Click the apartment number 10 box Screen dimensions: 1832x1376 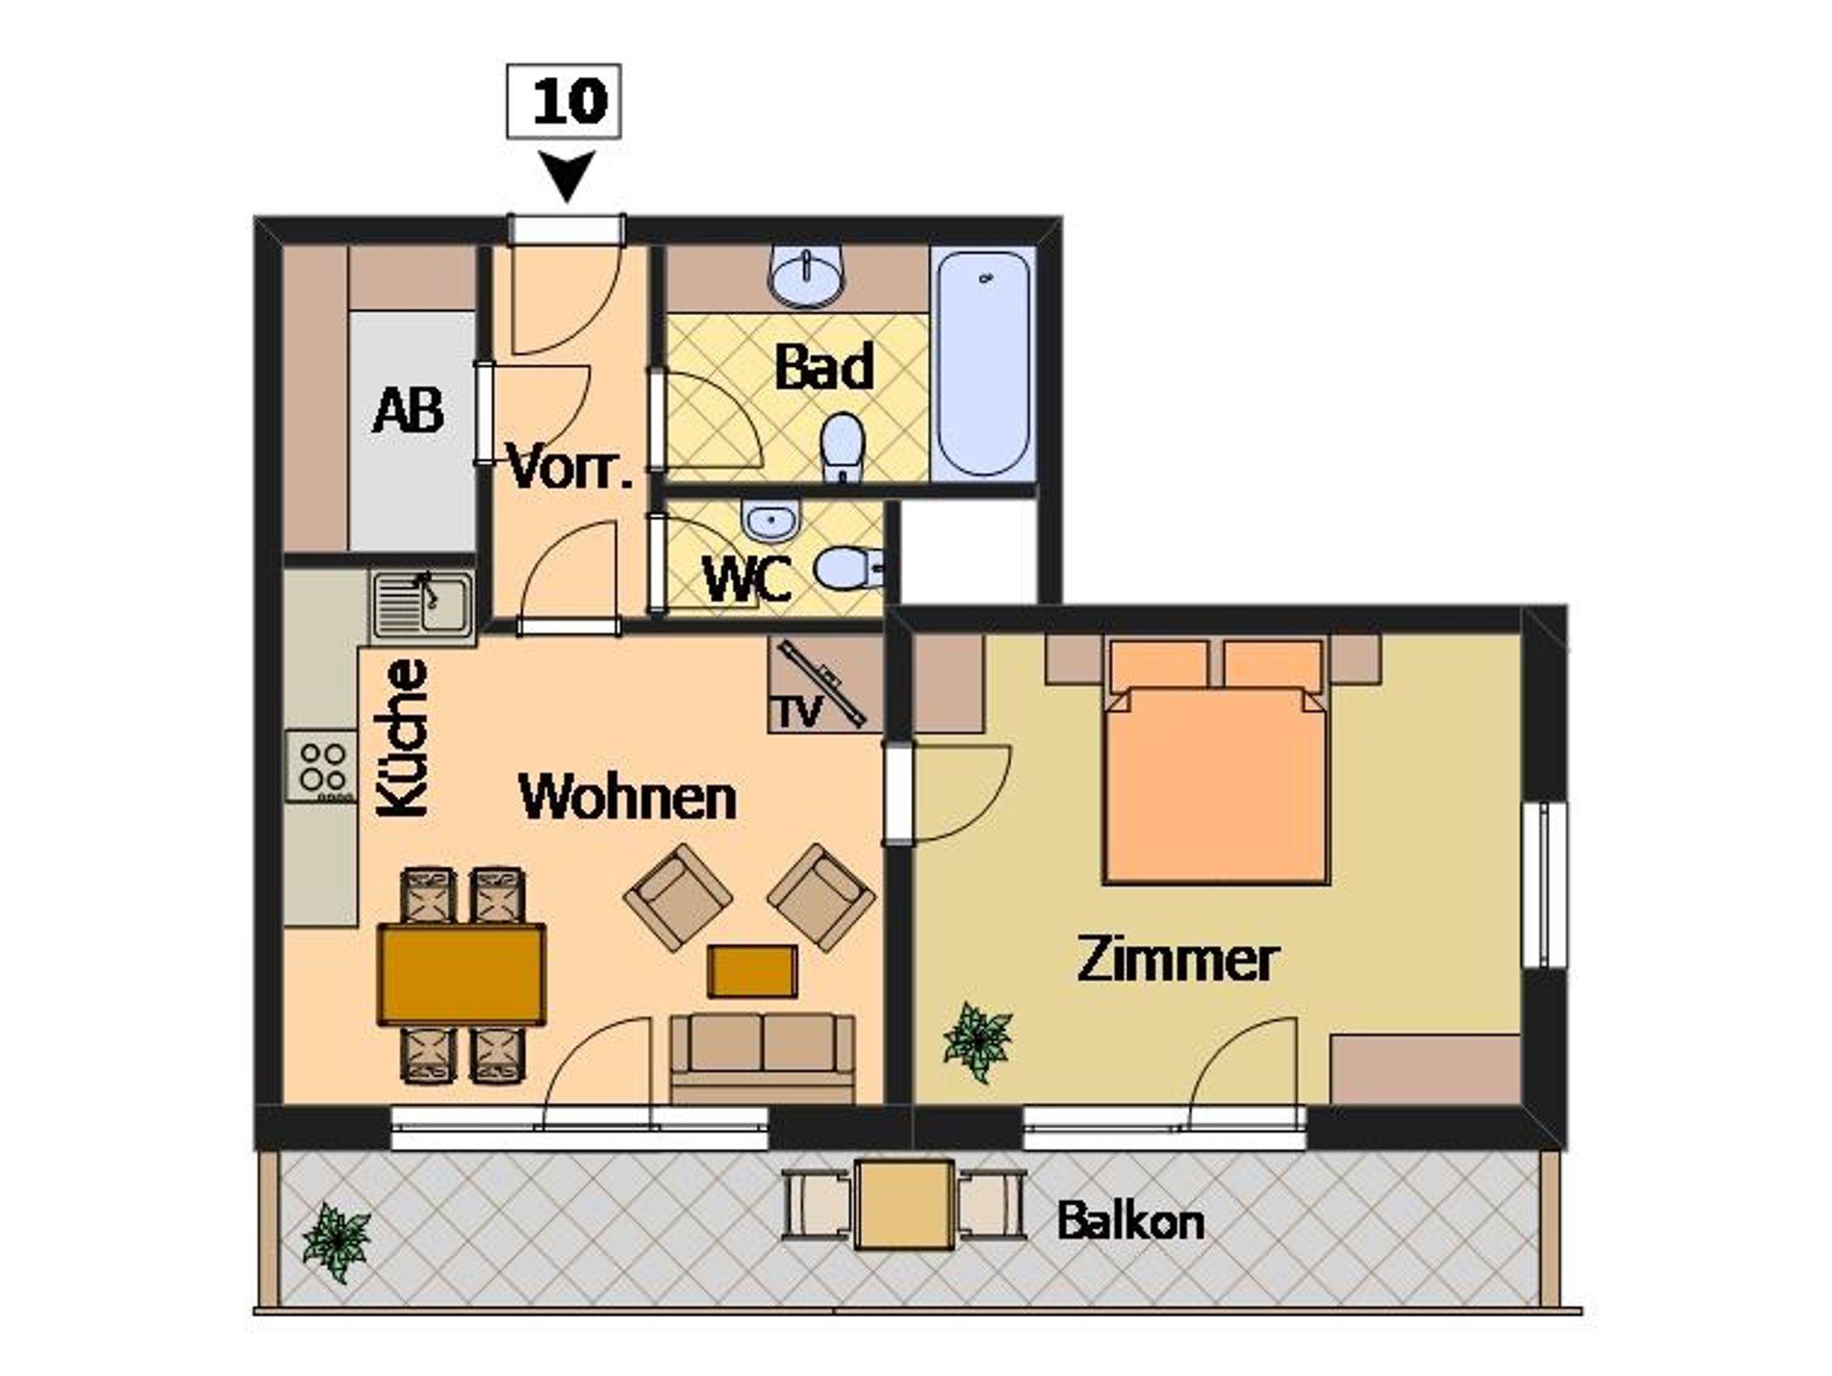564,101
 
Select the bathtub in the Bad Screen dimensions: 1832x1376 983,363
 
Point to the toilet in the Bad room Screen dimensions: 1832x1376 843,447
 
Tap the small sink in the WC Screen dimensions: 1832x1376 770,522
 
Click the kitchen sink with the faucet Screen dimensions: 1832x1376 423,606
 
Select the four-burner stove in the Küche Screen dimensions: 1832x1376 322,766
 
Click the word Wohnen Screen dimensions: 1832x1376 627,797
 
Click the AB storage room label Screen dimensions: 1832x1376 408,411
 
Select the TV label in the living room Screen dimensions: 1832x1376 797,711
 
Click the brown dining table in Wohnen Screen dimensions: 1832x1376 462,974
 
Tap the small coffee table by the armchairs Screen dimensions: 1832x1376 752,972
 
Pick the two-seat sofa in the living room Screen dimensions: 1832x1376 763,1058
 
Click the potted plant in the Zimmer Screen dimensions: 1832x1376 978,1041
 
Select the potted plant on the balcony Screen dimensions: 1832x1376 336,1243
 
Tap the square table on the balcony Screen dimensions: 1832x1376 904,1204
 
